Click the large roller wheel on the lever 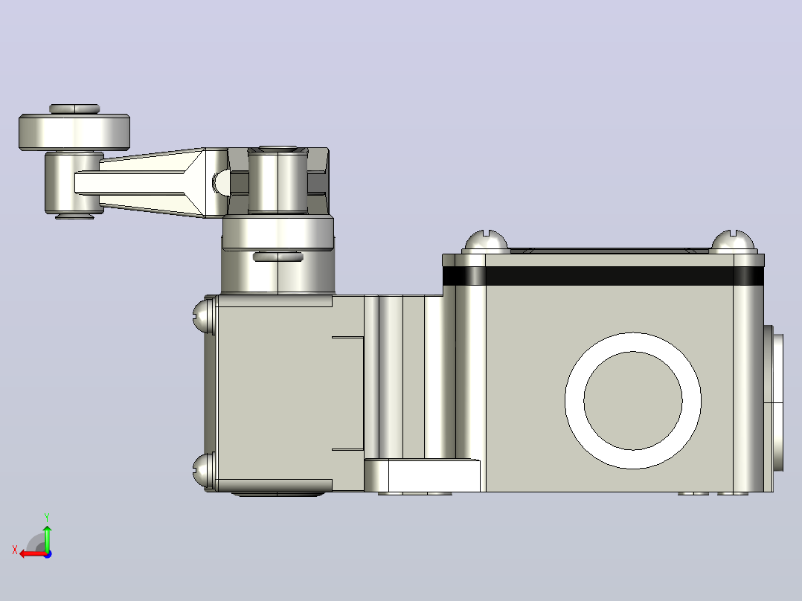pos(74,132)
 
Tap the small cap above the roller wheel pos(74,109)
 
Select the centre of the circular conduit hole pos(632,400)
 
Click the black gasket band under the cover pos(603,276)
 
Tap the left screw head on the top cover pos(486,242)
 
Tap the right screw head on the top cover pos(733,242)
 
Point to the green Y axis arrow pos(47,538)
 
